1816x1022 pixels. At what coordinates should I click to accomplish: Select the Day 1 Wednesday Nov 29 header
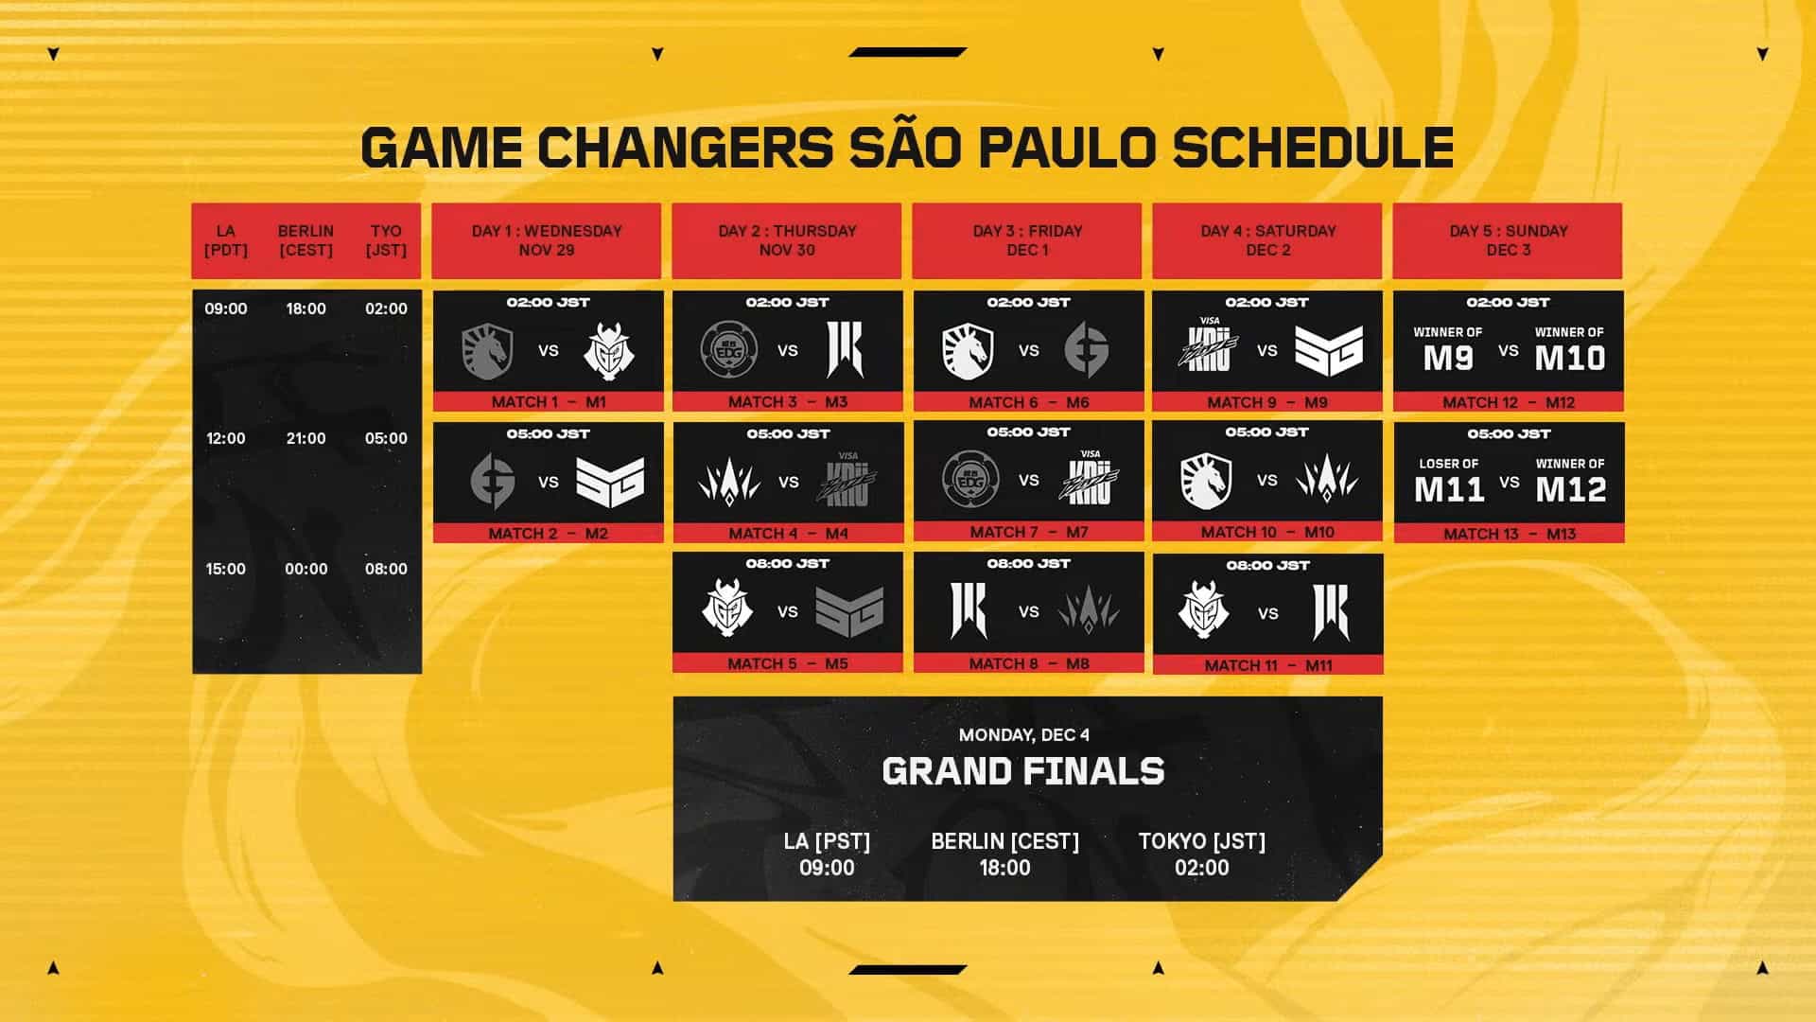click(x=547, y=240)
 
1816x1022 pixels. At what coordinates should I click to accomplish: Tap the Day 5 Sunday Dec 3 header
click(x=1508, y=240)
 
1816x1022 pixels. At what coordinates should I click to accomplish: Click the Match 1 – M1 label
click(x=549, y=402)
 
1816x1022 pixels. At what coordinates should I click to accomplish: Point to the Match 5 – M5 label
click(x=788, y=664)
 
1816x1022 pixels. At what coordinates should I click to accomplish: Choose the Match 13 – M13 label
click(x=1510, y=534)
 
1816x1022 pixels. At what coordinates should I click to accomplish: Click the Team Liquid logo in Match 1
click(x=487, y=351)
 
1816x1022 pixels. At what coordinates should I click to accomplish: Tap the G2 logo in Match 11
click(x=1203, y=611)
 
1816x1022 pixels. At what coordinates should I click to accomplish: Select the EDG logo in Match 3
click(x=728, y=349)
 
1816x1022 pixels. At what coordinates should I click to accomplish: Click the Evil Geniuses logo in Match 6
click(x=1087, y=349)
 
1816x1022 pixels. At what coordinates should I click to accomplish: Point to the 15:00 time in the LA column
click(x=226, y=569)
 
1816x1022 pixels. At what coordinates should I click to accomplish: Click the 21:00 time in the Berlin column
click(x=306, y=438)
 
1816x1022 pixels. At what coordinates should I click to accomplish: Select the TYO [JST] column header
click(x=386, y=240)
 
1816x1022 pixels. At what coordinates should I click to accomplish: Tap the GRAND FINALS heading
click(x=1023, y=772)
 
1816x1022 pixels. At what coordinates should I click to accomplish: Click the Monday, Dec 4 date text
click(x=1023, y=735)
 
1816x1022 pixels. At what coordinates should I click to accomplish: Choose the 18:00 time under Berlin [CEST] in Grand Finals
click(x=1004, y=868)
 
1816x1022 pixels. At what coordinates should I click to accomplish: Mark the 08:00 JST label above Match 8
click(x=1028, y=564)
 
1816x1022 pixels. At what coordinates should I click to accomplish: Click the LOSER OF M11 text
click(x=1449, y=480)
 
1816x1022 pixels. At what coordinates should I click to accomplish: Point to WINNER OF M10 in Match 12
click(x=1569, y=349)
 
